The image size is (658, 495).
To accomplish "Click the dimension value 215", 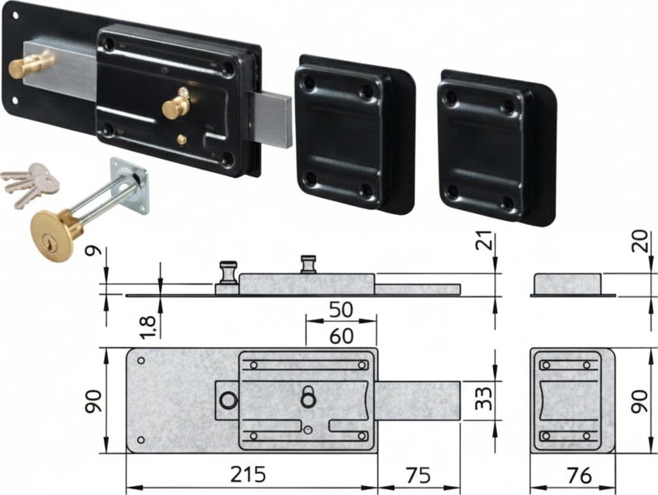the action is [248, 474].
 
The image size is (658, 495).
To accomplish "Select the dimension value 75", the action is [418, 475].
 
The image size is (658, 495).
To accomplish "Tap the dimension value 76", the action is [579, 475].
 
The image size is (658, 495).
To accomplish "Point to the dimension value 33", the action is [484, 398].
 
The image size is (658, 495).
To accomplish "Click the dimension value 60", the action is [341, 336].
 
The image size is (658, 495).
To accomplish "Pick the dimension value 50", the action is [341, 310].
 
